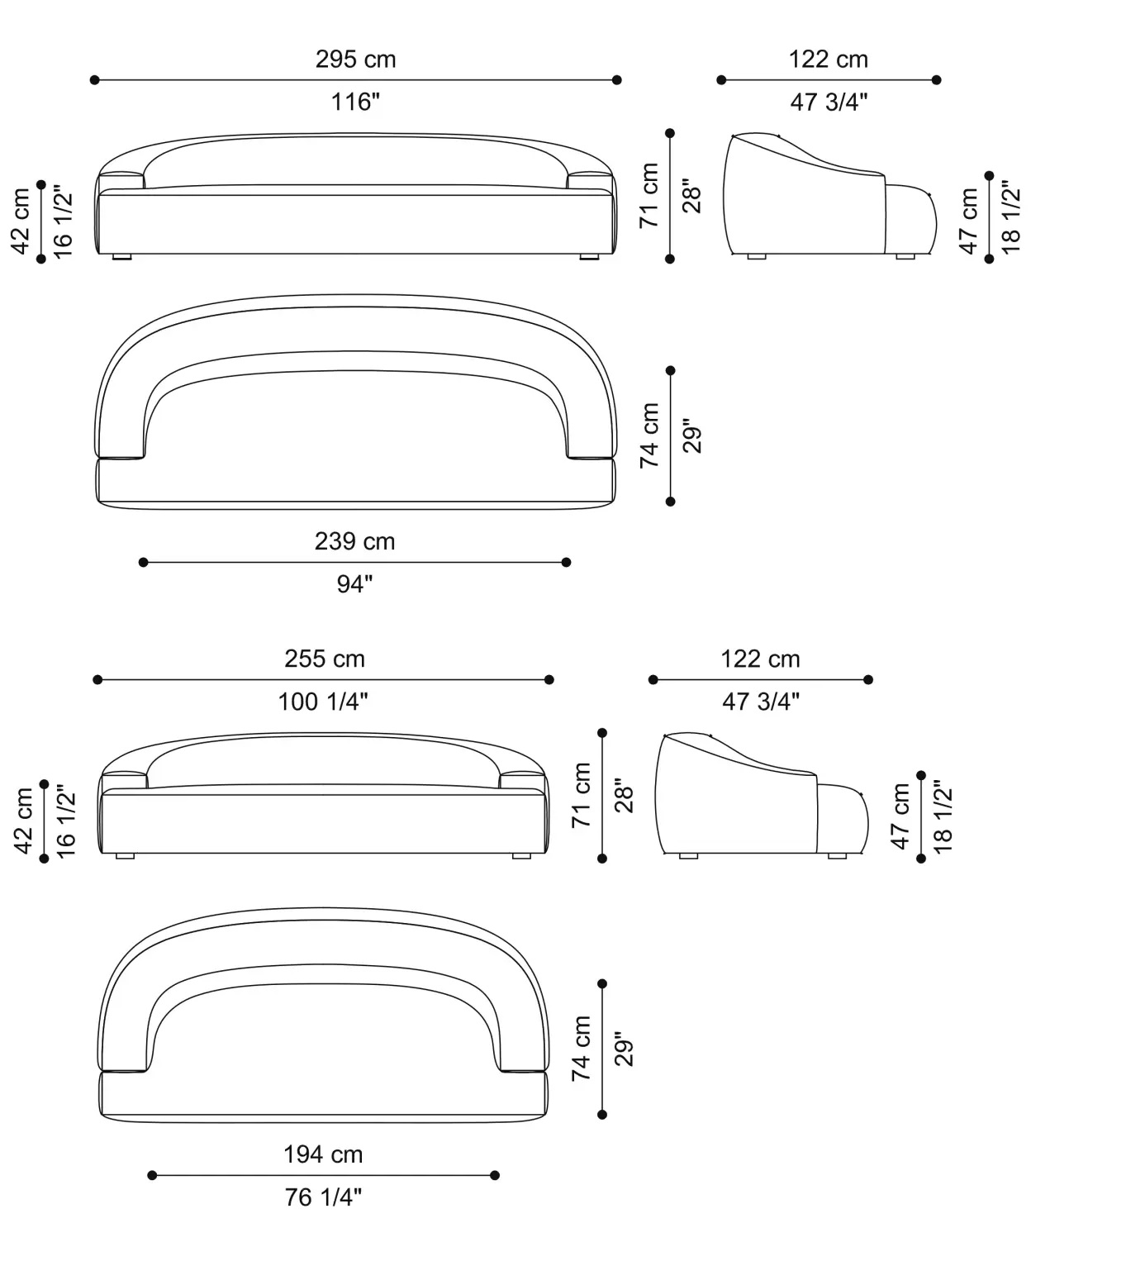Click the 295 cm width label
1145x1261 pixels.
tap(356, 59)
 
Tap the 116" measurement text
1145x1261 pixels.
tap(356, 101)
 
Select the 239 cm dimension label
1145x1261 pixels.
tap(355, 541)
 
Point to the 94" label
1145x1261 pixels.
tap(355, 584)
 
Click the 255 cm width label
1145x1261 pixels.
tap(325, 659)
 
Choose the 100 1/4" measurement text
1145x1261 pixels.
tap(323, 702)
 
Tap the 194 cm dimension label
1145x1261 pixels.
tap(323, 1154)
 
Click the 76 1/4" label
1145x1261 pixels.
tap(323, 1197)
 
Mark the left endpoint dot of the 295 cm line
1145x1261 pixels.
tap(95, 80)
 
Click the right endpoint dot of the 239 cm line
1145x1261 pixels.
tap(566, 562)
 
